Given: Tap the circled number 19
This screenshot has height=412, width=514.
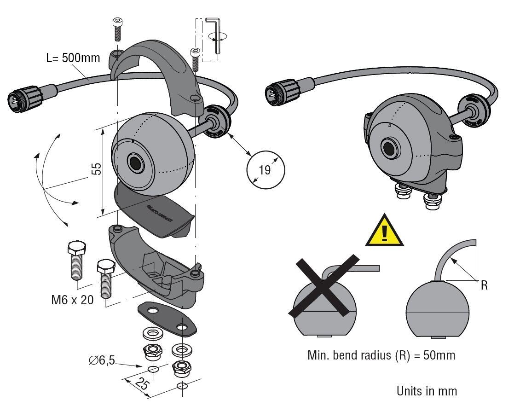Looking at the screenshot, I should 265,169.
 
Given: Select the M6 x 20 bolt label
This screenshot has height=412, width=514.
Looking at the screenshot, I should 72,300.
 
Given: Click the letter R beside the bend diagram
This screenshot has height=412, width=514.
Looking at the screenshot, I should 484,286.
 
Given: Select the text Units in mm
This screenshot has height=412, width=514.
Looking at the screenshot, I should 427,391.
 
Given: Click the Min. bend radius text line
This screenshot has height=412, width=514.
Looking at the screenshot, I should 381,356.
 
